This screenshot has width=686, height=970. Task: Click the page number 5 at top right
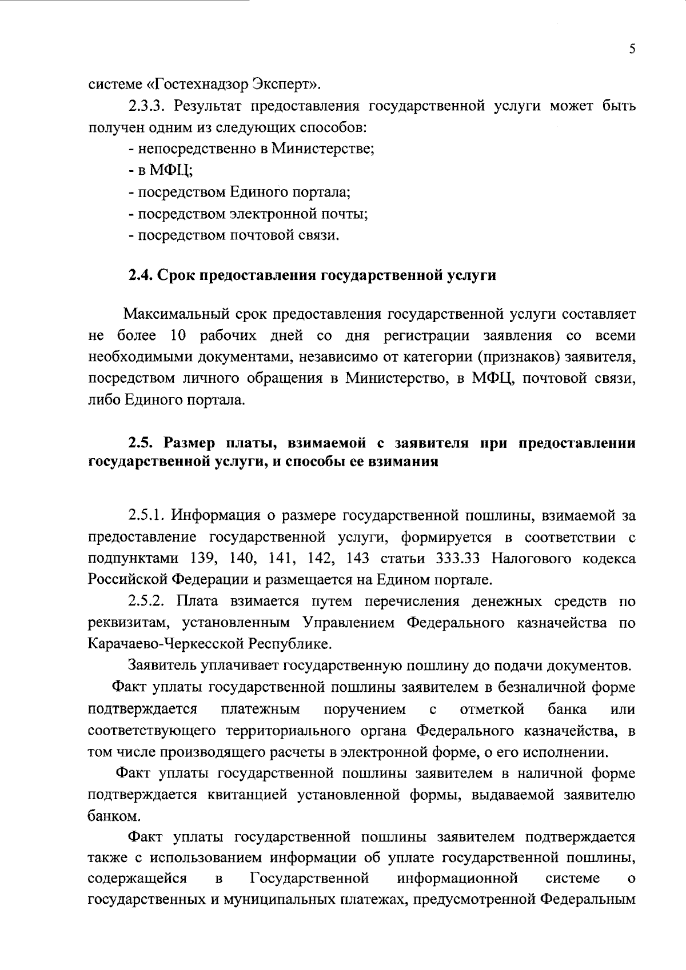point(632,49)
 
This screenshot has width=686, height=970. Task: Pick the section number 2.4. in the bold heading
point(140,275)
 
